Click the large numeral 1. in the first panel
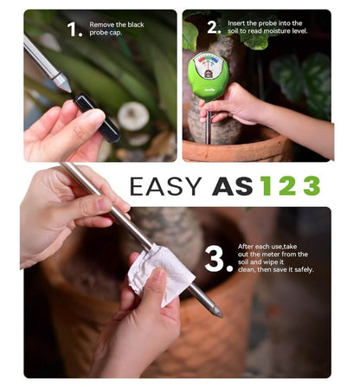click(74, 29)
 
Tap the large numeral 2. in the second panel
click(214, 28)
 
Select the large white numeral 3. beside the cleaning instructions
click(218, 259)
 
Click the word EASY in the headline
click(165, 186)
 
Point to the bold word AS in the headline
click(233, 186)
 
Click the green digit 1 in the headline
click(267, 186)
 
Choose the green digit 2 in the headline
click(287, 186)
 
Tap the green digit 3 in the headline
click(312, 186)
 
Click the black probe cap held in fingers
click(97, 118)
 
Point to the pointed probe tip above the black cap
click(63, 83)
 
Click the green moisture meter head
click(209, 76)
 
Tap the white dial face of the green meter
click(209, 66)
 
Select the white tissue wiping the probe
click(161, 274)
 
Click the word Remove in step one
click(102, 24)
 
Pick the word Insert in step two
click(236, 23)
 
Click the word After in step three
click(246, 247)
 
